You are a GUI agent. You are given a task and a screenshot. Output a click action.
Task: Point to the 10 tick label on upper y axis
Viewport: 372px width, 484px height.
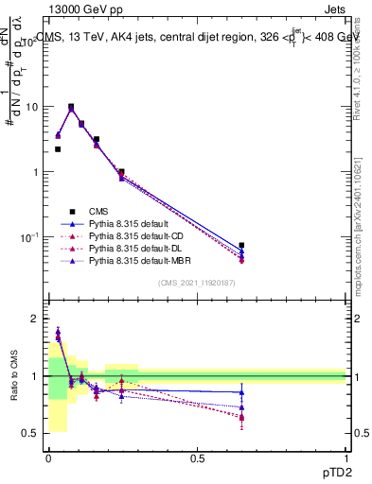coord(33,107)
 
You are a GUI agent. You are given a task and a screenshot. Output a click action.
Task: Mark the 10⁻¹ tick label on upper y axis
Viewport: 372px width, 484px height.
coord(31,236)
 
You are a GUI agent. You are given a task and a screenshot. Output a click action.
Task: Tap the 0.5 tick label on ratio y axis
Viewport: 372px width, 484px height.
coord(33,433)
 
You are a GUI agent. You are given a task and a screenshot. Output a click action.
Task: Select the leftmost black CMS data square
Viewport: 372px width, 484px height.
coord(58,149)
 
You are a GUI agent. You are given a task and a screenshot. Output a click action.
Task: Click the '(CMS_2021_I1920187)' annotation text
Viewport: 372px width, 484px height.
coord(197,283)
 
